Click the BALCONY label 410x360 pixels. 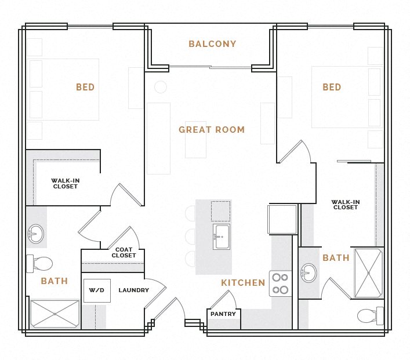point(212,44)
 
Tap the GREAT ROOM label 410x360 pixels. point(212,130)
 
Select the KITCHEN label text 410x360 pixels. point(243,283)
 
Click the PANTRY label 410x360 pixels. point(223,314)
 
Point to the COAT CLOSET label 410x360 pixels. point(124,253)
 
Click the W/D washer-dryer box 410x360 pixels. point(96,290)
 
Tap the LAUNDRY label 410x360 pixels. point(133,290)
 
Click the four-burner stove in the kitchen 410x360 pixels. point(280,283)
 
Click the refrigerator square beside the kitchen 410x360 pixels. point(282,219)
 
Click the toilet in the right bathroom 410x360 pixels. point(369,315)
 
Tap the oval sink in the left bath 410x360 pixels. point(36,235)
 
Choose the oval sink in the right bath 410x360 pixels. point(309,272)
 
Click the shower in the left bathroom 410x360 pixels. point(55,314)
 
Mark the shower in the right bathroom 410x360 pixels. point(368,273)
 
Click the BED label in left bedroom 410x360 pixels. point(85,88)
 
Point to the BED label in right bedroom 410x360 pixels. point(332,88)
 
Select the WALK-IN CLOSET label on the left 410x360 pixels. point(66,183)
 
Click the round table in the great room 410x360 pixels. point(161,88)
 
